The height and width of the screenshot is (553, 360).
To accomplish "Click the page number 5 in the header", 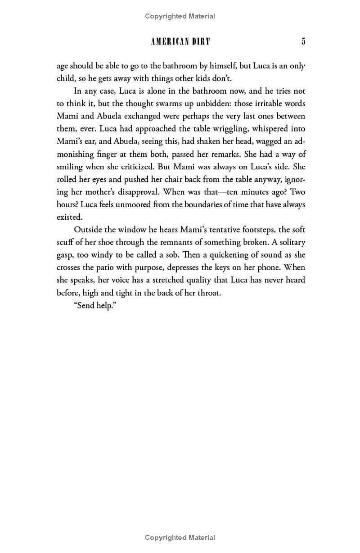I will click(303, 41).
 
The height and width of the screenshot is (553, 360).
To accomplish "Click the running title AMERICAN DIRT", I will click(180, 41).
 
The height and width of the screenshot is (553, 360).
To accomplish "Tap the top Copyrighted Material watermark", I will click(180, 16).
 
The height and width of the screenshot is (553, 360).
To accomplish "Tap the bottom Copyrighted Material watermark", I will click(180, 537).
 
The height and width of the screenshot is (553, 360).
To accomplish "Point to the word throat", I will click(209, 293).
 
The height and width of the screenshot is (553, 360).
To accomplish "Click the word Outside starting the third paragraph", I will click(88, 230).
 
